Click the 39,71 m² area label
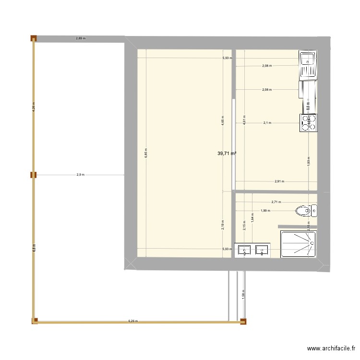227,154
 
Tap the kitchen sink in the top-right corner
307,65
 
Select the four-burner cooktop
308,122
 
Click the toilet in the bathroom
305,211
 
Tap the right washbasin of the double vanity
262,250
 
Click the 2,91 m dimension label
279,181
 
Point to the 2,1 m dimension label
267,122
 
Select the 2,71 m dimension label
276,202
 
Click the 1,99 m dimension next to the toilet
265,210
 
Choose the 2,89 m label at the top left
81,37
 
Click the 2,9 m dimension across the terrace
80,175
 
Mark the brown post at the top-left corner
34,38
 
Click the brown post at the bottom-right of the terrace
243,322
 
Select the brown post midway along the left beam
33,175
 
